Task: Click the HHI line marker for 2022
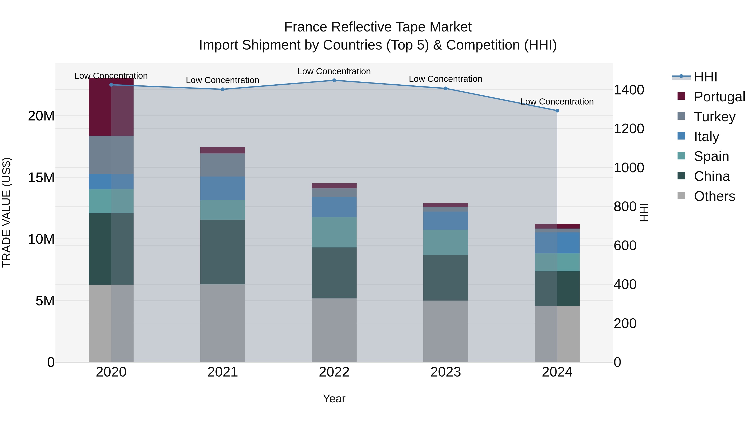coord(334,80)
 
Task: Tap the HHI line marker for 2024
coord(557,111)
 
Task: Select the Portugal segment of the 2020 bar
coord(111,107)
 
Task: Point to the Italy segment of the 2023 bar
coord(445,221)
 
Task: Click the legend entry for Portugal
coord(719,97)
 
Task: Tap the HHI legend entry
coord(705,77)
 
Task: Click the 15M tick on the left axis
coord(41,177)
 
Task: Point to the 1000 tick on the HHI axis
coord(629,168)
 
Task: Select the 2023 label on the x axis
coord(445,372)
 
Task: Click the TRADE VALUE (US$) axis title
coord(7,212)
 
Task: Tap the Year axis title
coord(334,399)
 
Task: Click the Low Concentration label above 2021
coord(222,80)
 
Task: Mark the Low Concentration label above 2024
coord(557,102)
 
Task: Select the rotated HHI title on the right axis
coord(644,212)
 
